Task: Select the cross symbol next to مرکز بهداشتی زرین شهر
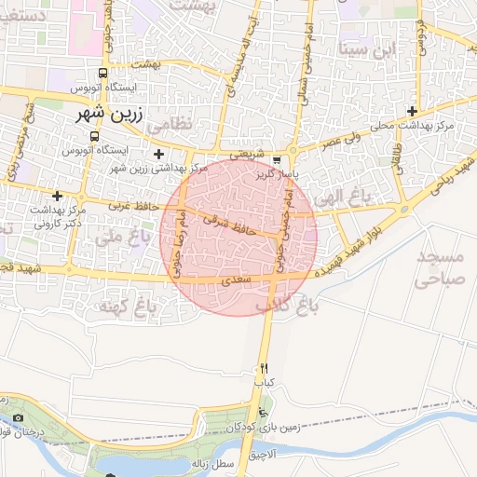coord(158,154)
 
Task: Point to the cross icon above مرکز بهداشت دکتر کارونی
coord(58,196)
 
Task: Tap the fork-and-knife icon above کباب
coord(265,368)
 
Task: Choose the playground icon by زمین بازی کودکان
coord(264,414)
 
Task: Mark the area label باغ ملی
coord(123,237)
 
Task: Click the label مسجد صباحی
coord(439,266)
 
